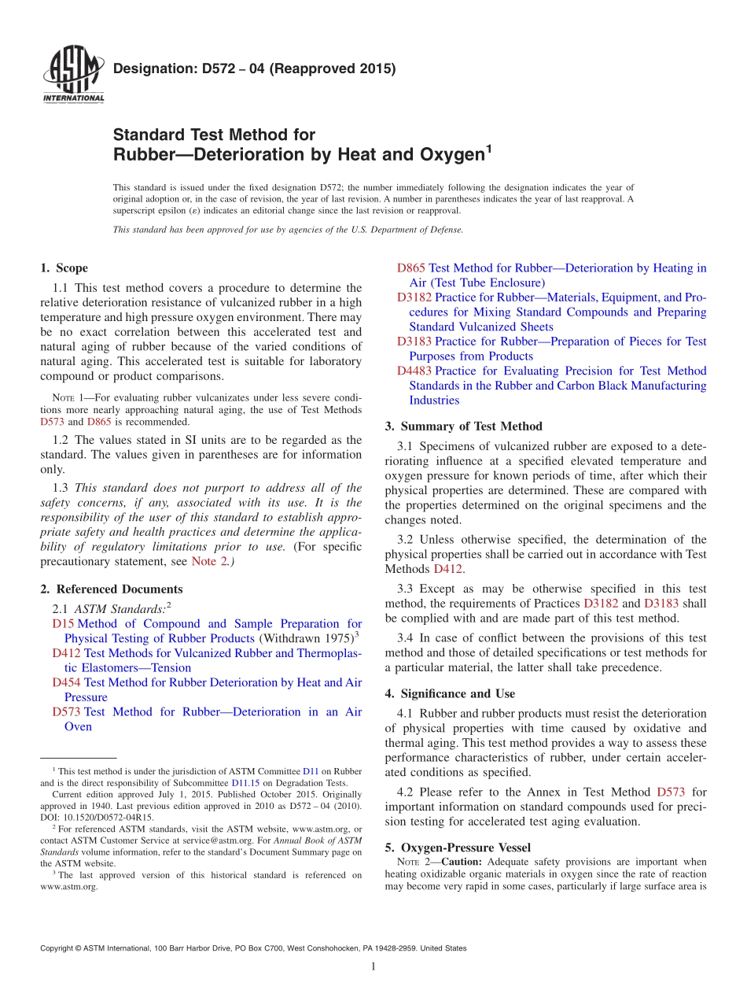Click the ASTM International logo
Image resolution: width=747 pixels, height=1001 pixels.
pos(72,76)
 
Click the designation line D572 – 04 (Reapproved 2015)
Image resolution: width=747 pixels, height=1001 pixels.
pos(254,68)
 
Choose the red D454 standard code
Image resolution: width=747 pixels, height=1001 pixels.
pos(66,683)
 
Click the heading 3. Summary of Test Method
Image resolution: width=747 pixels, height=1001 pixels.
pos(463,427)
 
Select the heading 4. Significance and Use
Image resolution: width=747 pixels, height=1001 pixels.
pos(450,694)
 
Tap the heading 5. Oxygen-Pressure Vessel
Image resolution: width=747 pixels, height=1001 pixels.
pos(458,848)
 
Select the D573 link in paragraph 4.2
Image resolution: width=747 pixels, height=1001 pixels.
pos(672,792)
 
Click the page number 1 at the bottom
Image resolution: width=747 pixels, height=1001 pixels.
pos(373,966)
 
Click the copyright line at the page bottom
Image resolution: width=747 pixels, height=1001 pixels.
pos(252,948)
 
